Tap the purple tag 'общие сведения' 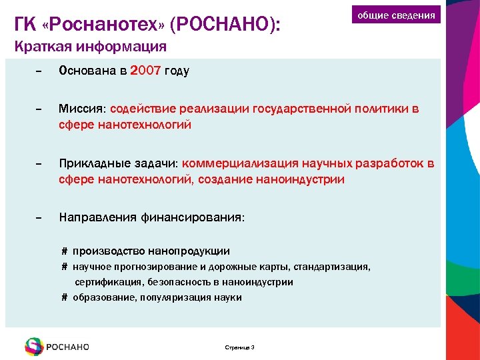396,15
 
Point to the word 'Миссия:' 83,109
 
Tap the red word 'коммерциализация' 242,164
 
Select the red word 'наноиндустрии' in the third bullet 303,179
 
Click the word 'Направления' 98,218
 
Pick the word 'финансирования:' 193,218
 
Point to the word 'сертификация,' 107,282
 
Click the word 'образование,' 103,297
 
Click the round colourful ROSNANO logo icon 34,347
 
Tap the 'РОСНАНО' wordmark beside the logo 68,347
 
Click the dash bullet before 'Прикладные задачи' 38,164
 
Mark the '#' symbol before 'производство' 65,251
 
